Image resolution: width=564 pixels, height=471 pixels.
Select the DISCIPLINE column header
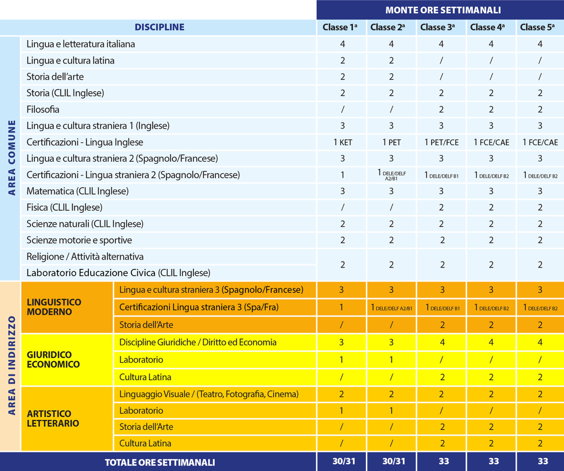click(x=159, y=27)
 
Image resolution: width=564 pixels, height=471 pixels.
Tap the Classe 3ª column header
click(x=441, y=27)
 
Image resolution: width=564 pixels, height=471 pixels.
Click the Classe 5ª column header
click(x=540, y=27)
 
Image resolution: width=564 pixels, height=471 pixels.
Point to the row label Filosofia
click(x=43, y=109)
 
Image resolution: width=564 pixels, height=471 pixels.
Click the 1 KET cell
click(x=343, y=142)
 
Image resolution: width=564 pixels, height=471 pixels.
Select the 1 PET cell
click(x=391, y=142)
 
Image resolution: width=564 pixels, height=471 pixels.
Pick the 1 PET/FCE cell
click(x=441, y=142)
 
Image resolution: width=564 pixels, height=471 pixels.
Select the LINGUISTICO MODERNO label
click(x=54, y=307)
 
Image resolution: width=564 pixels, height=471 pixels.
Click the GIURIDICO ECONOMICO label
click(x=53, y=359)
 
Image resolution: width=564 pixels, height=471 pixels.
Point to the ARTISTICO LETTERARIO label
click(x=53, y=418)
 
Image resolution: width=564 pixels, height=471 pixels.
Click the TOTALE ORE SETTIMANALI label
click(x=160, y=462)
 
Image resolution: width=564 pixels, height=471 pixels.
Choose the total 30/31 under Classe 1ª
click(x=342, y=461)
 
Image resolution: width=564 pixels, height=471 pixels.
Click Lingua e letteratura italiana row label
click(x=81, y=44)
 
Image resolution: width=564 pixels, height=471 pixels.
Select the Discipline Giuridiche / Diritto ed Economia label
click(x=198, y=342)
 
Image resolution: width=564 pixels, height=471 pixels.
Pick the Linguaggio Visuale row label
click(x=209, y=394)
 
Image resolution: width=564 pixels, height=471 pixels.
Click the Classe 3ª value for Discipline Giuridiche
click(x=441, y=342)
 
